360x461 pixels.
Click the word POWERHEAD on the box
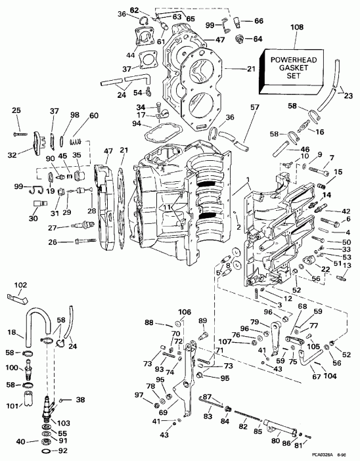coord(294,60)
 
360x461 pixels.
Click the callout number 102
coord(20,284)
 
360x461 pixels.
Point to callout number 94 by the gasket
coord(135,123)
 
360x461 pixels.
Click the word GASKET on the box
coord(294,68)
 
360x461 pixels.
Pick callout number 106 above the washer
coord(185,311)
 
